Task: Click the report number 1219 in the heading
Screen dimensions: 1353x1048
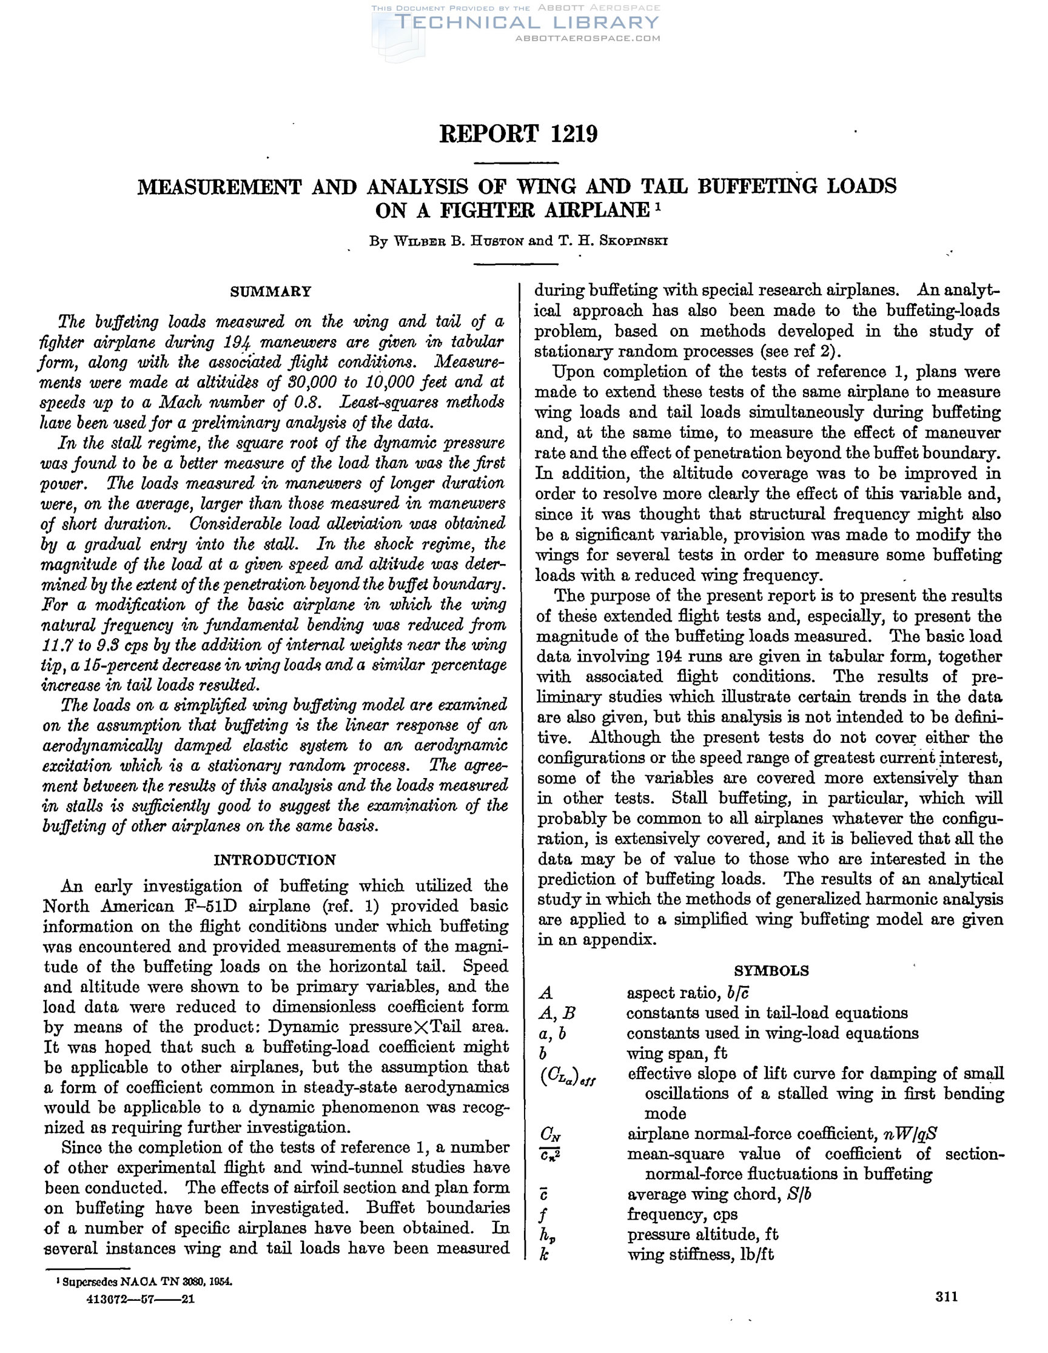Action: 574,134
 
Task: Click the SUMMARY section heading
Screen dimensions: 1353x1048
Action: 270,291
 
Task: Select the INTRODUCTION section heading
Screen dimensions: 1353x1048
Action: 274,860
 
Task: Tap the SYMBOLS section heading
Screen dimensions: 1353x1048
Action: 771,971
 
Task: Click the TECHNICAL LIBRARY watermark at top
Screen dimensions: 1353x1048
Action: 526,23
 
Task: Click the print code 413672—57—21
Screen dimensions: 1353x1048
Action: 141,1297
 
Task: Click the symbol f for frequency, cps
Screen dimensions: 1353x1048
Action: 543,1215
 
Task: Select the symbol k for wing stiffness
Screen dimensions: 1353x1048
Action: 543,1255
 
